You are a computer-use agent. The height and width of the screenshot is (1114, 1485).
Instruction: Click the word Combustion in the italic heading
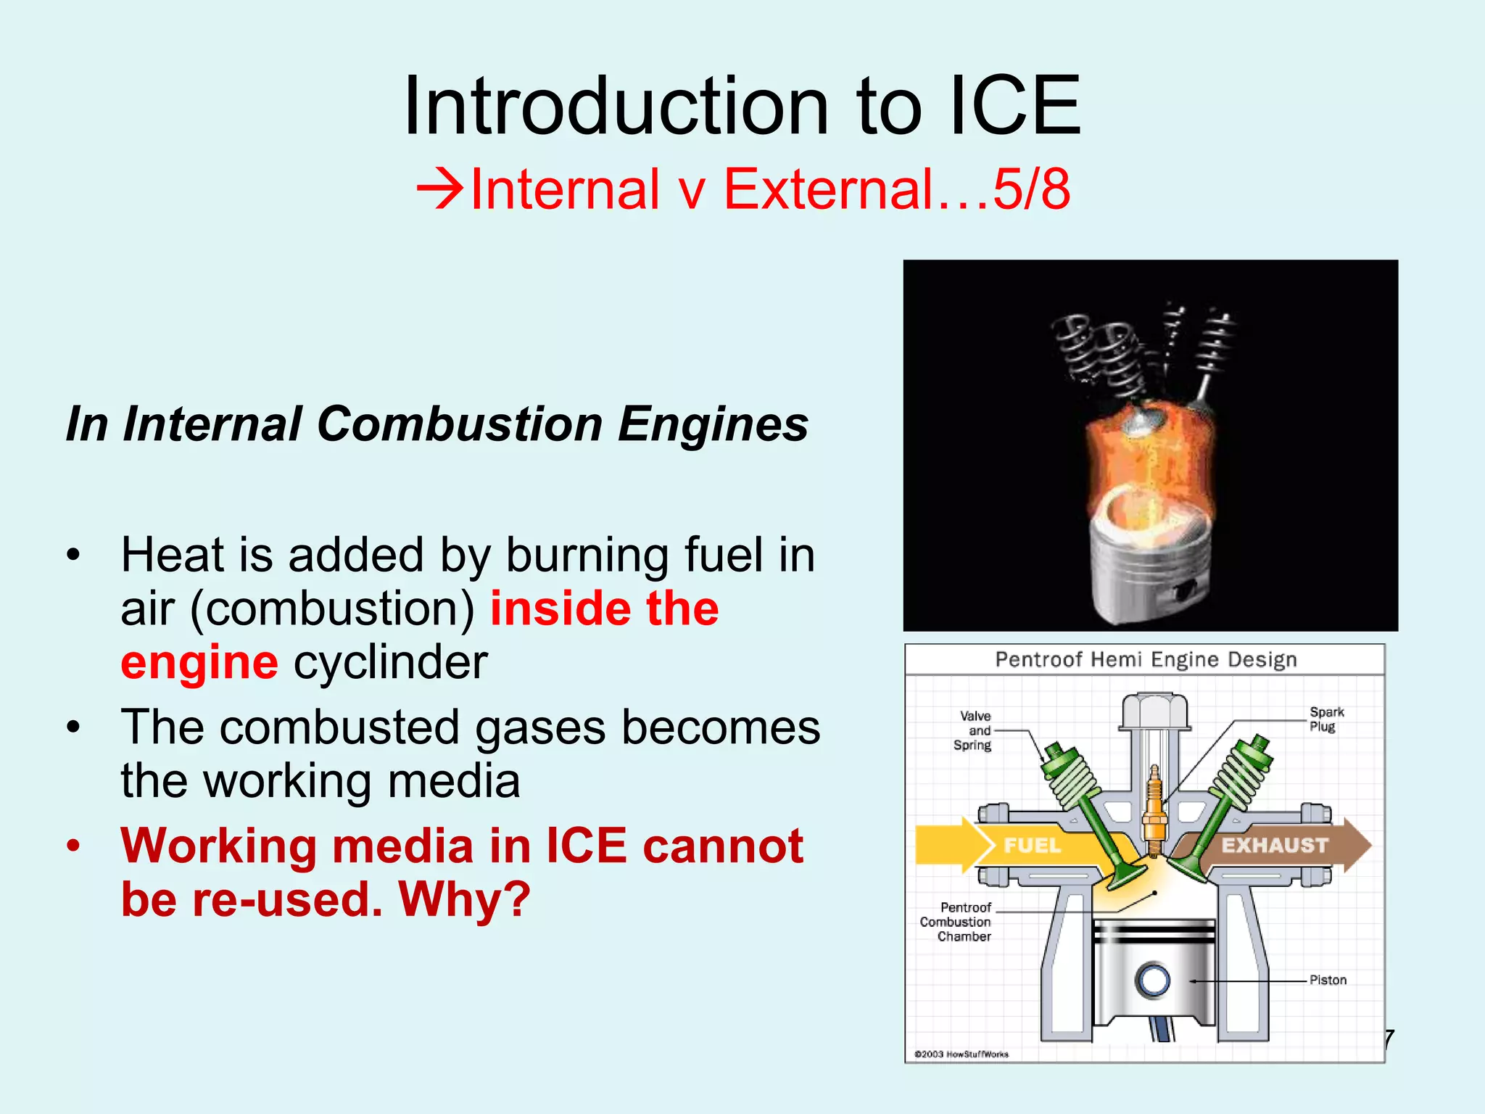(x=460, y=424)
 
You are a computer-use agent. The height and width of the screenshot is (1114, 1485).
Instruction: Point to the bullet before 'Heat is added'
(x=73, y=556)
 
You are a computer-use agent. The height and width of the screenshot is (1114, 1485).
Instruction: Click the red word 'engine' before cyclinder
(x=199, y=662)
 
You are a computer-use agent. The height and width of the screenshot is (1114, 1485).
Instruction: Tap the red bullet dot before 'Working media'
(x=73, y=846)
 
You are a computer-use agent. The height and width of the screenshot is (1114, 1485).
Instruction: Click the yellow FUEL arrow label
(x=1031, y=846)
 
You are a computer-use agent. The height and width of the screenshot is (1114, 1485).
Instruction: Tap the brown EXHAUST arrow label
(x=1274, y=846)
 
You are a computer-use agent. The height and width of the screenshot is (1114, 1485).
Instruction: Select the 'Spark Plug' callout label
(x=1326, y=719)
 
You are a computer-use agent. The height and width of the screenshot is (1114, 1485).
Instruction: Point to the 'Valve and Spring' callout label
(x=972, y=730)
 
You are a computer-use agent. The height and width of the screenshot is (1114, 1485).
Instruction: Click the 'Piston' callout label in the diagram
(x=1328, y=981)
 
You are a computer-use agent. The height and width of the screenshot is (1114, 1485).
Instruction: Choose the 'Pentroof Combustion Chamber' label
(x=956, y=922)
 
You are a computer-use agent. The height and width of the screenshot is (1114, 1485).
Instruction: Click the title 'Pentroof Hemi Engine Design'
(x=1145, y=660)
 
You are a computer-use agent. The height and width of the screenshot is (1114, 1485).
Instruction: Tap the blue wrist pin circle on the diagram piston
(x=1152, y=981)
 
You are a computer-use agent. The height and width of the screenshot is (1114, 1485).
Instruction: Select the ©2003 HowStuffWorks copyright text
(x=961, y=1055)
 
